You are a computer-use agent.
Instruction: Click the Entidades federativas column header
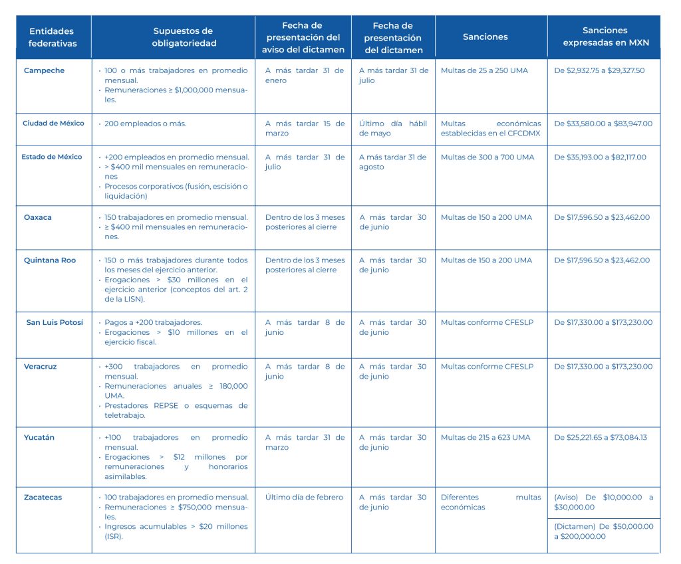(x=53, y=37)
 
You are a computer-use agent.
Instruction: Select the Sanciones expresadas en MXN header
(x=605, y=37)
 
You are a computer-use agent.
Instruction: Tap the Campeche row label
(x=44, y=70)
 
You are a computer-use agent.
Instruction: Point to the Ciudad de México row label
(x=53, y=124)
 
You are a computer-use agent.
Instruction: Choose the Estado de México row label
(x=52, y=157)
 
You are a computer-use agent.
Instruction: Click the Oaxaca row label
(x=37, y=217)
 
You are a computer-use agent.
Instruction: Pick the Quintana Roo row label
(x=50, y=260)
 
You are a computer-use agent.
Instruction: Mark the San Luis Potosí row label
(x=55, y=323)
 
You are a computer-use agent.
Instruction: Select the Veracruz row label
(x=41, y=367)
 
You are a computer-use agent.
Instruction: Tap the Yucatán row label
(x=39, y=438)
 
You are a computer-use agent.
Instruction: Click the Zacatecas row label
(x=43, y=498)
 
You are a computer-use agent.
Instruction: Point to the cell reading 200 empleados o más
(x=145, y=124)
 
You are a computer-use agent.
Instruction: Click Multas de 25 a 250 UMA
(x=484, y=70)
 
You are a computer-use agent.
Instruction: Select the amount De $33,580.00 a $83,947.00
(x=603, y=124)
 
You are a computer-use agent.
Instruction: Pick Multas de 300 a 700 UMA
(x=487, y=157)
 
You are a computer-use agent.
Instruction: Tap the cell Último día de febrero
(x=304, y=498)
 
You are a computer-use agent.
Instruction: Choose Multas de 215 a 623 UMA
(x=485, y=438)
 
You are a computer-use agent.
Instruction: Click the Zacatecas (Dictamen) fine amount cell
(x=603, y=531)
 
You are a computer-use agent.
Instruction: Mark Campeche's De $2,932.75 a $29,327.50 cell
(x=599, y=70)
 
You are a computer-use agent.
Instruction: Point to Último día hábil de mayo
(x=394, y=128)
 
